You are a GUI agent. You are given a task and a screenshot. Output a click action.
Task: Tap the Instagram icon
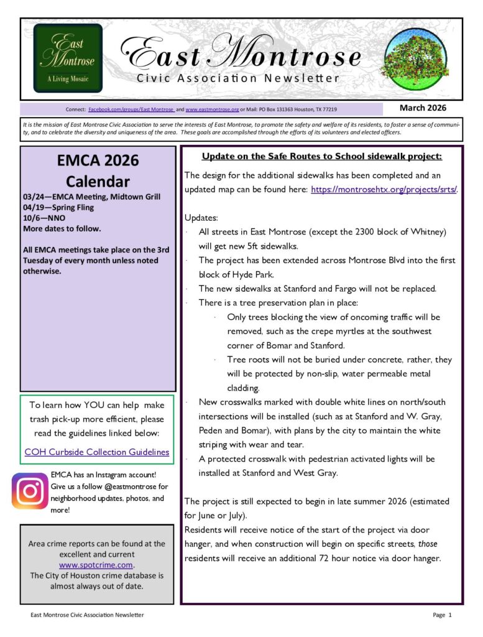pos(30,491)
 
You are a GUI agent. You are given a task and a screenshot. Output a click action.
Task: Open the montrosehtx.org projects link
pos(384,189)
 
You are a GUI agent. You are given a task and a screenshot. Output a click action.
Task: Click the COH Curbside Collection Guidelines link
pos(97,452)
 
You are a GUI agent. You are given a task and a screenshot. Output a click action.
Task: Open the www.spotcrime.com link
pos(96,565)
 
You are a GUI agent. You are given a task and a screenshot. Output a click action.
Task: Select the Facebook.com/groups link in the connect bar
pos(131,109)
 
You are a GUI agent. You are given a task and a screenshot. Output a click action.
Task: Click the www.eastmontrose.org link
pos(212,109)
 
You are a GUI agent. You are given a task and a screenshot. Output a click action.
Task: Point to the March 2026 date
pos(423,108)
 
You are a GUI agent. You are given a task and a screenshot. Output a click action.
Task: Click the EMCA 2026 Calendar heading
pos(98,170)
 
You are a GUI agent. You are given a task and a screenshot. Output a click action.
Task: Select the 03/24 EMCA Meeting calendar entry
pos(91,197)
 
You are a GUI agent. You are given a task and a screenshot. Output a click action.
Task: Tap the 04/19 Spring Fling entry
pos(63,208)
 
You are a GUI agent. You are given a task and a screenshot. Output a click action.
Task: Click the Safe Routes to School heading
pos(321,156)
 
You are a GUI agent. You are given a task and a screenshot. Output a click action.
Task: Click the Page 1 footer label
pos(443,615)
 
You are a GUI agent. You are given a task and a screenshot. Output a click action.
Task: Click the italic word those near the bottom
pos(428,544)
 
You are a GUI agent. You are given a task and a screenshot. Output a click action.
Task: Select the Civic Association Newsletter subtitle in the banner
pos(238,78)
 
